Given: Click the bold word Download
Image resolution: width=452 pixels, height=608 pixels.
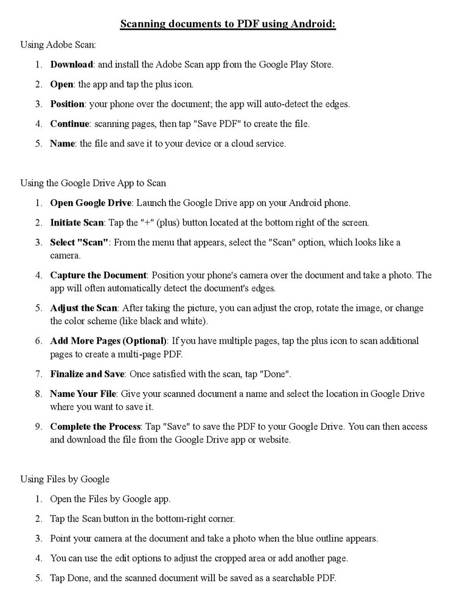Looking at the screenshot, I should [72, 64].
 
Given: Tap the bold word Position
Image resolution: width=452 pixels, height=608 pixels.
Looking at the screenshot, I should [67, 104].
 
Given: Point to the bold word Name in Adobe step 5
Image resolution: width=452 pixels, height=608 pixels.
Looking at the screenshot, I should [61, 144].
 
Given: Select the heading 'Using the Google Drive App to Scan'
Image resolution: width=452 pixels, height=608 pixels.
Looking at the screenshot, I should [93, 183].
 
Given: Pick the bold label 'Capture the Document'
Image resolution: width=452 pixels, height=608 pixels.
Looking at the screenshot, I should [99, 275].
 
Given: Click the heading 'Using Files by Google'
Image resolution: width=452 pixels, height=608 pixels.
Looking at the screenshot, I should [65, 480].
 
